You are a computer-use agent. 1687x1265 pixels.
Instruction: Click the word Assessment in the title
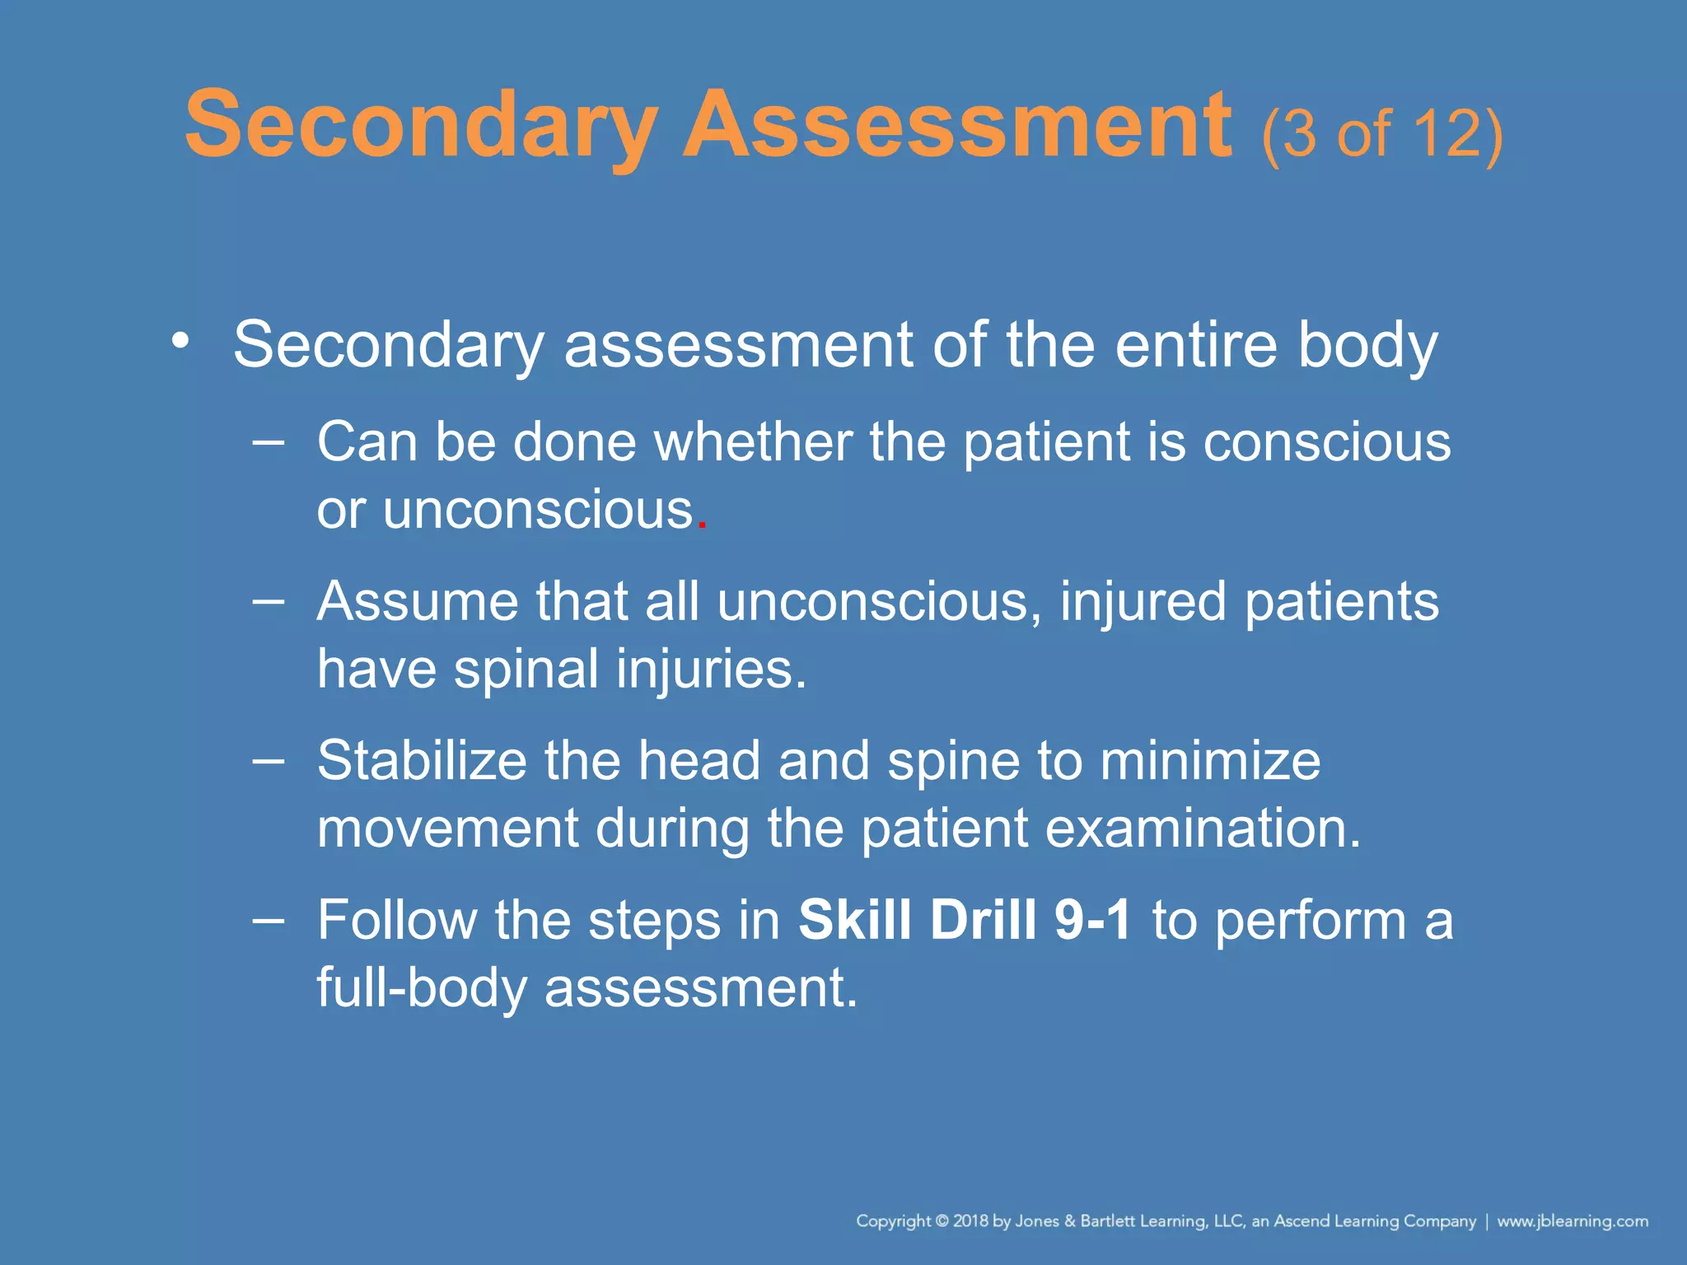[x=957, y=126]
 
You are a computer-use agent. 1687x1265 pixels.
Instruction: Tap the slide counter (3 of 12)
[x=1381, y=133]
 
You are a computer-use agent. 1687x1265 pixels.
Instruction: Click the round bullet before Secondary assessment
[x=180, y=340]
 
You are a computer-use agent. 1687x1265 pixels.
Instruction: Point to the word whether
[x=753, y=442]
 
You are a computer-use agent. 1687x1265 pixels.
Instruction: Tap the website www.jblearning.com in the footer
[x=1572, y=1221]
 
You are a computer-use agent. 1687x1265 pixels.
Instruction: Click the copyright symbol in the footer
[x=942, y=1221]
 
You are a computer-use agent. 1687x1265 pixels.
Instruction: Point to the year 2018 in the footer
[x=970, y=1221]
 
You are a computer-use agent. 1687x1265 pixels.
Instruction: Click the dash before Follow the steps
[x=269, y=920]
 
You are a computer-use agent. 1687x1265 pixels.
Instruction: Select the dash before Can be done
[x=269, y=442]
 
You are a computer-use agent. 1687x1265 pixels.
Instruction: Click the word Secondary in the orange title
[x=421, y=126]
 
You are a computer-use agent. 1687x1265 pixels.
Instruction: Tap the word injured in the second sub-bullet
[x=1143, y=601]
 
